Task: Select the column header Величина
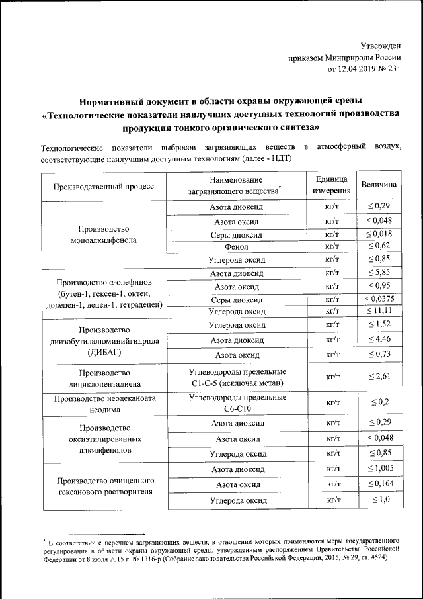point(379,185)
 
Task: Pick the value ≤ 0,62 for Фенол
point(379,246)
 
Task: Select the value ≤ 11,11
point(379,310)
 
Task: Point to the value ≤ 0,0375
point(379,299)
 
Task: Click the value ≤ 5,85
point(379,273)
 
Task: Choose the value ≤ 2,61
point(379,377)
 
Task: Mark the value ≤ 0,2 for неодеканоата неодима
point(379,402)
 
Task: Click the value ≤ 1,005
point(379,469)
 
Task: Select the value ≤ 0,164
point(379,484)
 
